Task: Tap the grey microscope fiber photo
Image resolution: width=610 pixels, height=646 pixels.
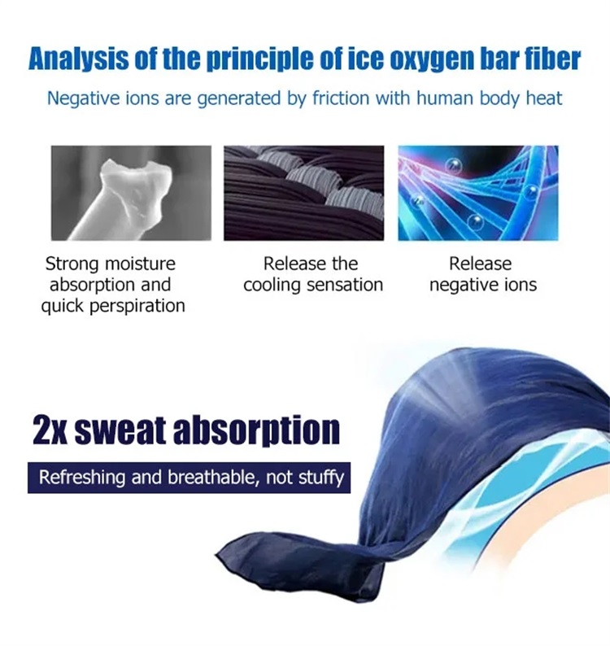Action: pos(131,193)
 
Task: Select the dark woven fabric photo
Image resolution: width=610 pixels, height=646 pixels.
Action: pos(304,193)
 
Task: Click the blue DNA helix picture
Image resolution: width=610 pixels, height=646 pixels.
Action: pos(478,193)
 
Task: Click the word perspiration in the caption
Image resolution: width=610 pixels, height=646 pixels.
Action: pos(137,307)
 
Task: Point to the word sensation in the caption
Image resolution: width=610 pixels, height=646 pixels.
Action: pos(345,285)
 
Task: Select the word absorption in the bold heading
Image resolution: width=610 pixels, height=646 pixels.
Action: pos(256,430)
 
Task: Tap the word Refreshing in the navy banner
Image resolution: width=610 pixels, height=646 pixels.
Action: pos(81,478)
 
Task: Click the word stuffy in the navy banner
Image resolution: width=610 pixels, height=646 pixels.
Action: pos(321,478)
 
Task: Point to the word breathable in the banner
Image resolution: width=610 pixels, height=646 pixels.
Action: pos(214,478)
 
